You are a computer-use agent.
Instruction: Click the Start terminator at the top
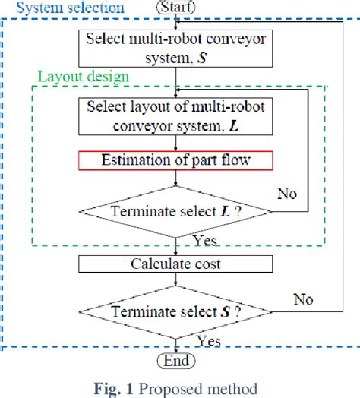tap(175, 8)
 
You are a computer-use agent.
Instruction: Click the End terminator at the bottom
tap(176, 360)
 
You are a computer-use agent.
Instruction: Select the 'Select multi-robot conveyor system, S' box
tap(176, 46)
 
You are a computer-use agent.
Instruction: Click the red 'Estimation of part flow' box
tap(176, 160)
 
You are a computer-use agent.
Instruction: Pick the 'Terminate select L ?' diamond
tap(176, 211)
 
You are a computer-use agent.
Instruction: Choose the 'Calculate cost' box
tap(176, 264)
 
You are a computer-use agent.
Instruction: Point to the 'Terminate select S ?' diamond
tap(176, 312)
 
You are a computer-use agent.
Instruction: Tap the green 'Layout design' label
tap(84, 76)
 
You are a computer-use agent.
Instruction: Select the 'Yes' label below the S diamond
tap(207, 340)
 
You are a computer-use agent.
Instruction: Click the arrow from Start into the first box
tap(176, 21)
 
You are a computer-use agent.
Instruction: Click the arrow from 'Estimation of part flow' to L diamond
tap(176, 180)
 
